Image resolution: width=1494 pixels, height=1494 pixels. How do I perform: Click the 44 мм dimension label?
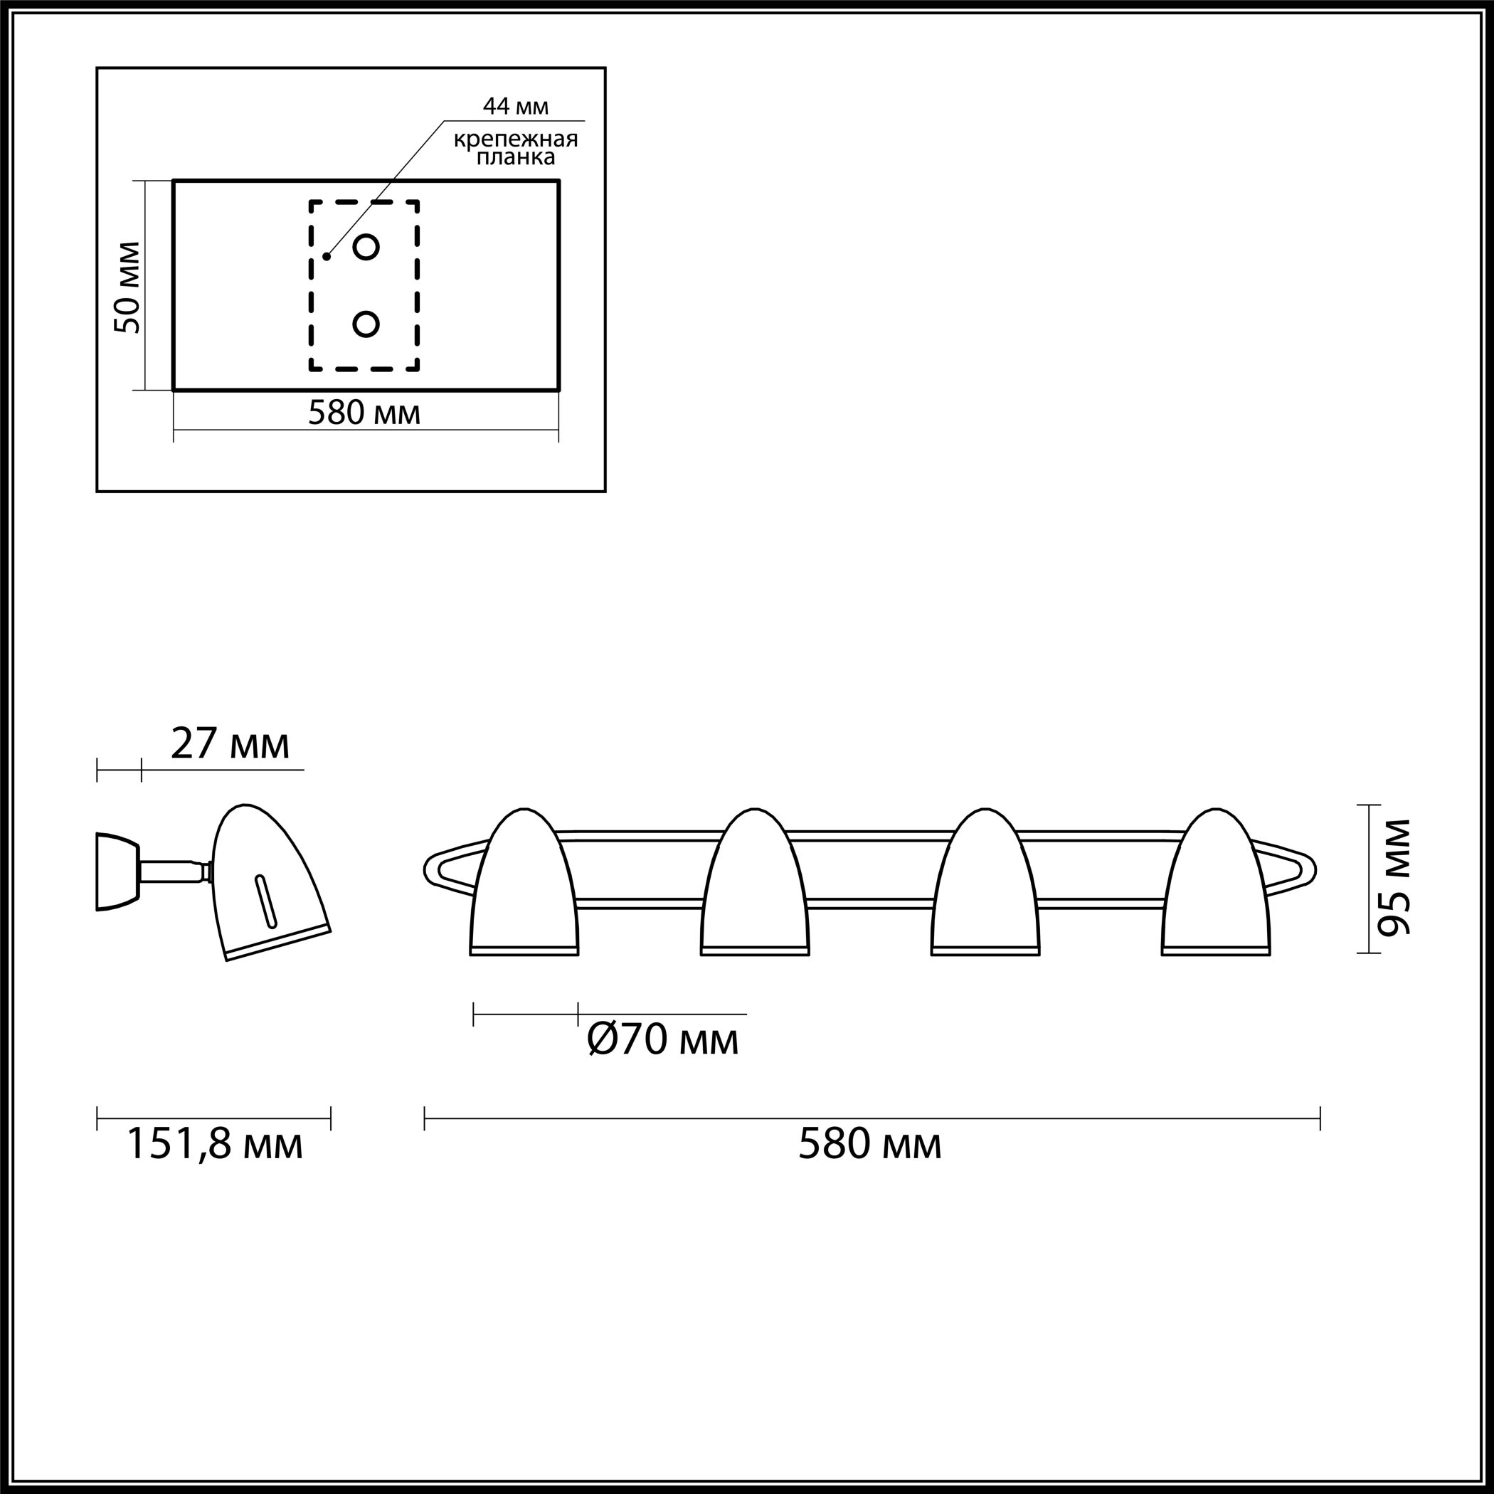(x=515, y=106)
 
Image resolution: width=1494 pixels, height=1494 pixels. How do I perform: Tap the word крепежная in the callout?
(x=516, y=140)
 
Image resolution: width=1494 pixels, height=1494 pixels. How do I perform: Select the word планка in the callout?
(x=516, y=158)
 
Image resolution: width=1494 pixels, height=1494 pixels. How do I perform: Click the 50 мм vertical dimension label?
(x=127, y=287)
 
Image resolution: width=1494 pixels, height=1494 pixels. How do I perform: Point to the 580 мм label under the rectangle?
(x=364, y=413)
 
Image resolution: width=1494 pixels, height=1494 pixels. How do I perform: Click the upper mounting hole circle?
(x=366, y=247)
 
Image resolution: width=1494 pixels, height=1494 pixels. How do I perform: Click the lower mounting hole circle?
(x=366, y=324)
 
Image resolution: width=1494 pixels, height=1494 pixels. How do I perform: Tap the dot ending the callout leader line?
(x=327, y=256)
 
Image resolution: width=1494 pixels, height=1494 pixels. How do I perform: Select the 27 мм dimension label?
(x=231, y=745)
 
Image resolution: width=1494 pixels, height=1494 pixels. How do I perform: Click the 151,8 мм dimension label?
(x=214, y=1144)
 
